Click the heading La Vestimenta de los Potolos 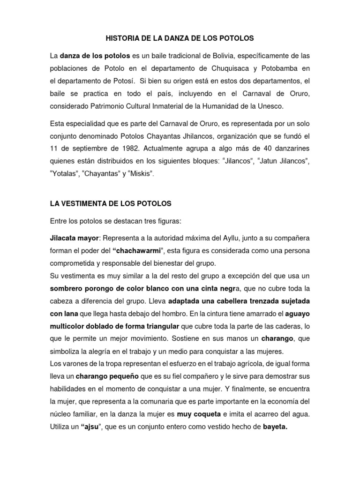[x=111, y=203]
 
